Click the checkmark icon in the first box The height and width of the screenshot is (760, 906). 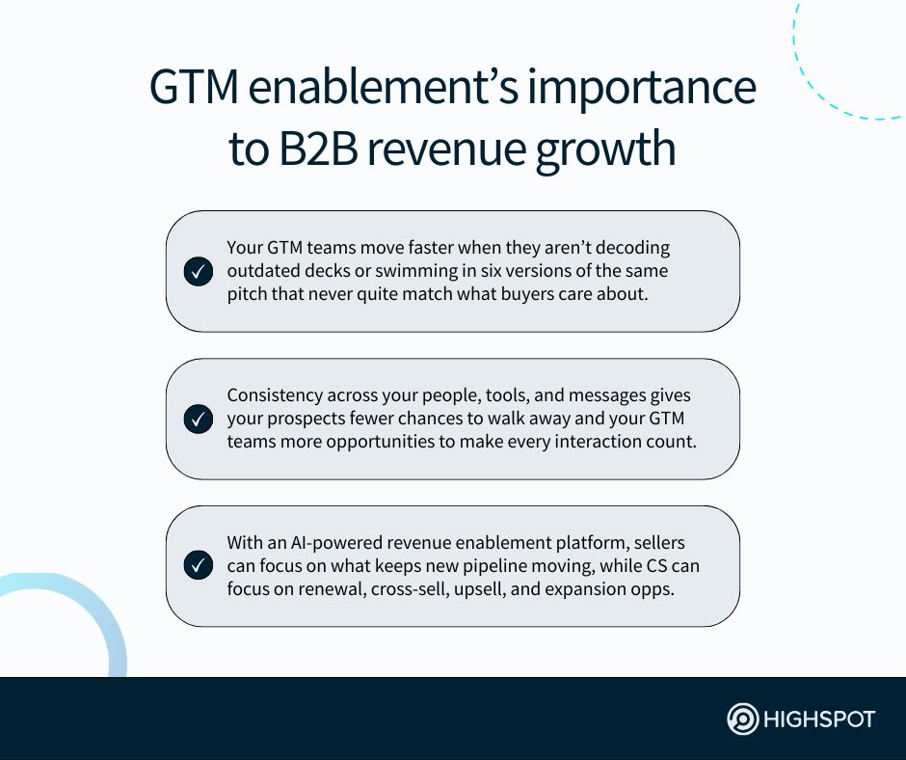pos(198,272)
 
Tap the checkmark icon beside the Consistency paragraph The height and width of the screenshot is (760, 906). pos(198,420)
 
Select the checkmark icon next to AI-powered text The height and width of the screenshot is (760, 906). pos(198,566)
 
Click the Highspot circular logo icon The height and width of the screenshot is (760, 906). pos(742,719)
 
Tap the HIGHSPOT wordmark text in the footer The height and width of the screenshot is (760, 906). pos(819,719)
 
